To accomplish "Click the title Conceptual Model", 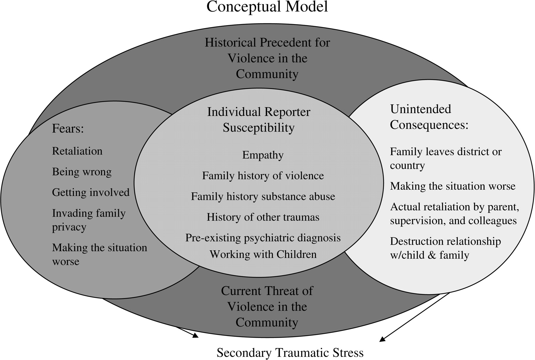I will click(267, 7).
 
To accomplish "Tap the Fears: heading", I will click(68, 128).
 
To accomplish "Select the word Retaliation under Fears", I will click(77, 151).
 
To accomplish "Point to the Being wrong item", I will click(82, 172).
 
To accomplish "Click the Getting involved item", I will click(91, 192).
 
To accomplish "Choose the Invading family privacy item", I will click(89, 220).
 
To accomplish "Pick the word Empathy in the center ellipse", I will click(263, 155).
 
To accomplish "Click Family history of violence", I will click(263, 176).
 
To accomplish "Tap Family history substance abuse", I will click(263, 196).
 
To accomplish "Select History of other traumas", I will click(263, 217).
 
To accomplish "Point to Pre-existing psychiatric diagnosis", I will click(263, 238).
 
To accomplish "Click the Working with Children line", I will click(263, 254).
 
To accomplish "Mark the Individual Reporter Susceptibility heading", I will click(259, 120).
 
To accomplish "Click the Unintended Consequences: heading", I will click(429, 117).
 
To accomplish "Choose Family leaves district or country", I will click(445, 158).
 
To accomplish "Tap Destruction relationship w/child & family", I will click(445, 248).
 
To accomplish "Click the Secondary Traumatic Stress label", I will click(290, 353).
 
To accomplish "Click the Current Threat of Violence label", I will click(267, 306).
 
